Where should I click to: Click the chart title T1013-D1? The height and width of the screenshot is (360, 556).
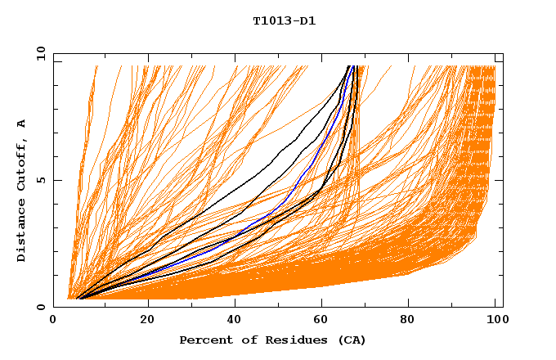284,20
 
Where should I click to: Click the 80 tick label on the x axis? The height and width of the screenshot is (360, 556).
408,321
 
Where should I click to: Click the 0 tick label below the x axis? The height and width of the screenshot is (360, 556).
53,321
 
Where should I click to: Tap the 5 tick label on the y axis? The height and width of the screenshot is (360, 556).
42,180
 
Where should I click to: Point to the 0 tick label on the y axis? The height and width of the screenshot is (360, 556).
42,307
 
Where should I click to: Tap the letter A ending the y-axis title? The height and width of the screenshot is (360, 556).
22,124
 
